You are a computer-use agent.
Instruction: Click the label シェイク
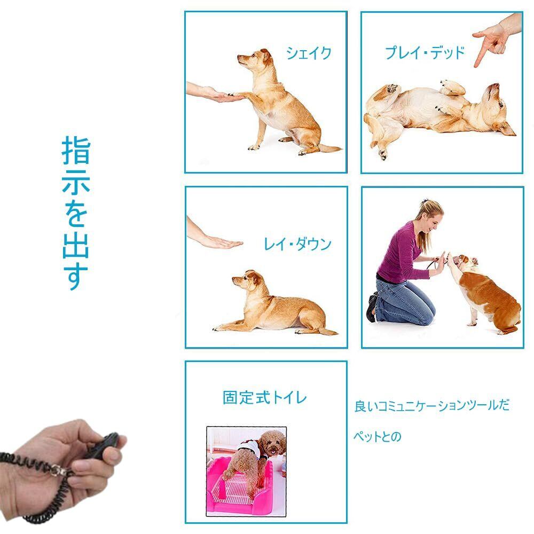pyautogui.click(x=309, y=53)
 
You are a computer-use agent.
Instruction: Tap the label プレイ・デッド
pyautogui.click(x=425, y=53)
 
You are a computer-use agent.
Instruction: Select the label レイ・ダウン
pyautogui.click(x=297, y=244)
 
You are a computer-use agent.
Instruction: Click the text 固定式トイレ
pyautogui.click(x=265, y=397)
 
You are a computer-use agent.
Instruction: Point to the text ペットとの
pyautogui.click(x=378, y=436)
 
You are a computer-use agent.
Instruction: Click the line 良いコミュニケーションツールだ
pyautogui.click(x=432, y=406)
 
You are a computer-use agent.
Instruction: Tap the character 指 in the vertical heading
pyautogui.click(x=76, y=151)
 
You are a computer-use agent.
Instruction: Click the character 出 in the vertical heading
pyautogui.click(x=76, y=244)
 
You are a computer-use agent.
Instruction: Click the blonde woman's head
pyautogui.click(x=429, y=216)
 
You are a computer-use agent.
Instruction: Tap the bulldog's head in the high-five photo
pyautogui.click(x=466, y=262)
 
